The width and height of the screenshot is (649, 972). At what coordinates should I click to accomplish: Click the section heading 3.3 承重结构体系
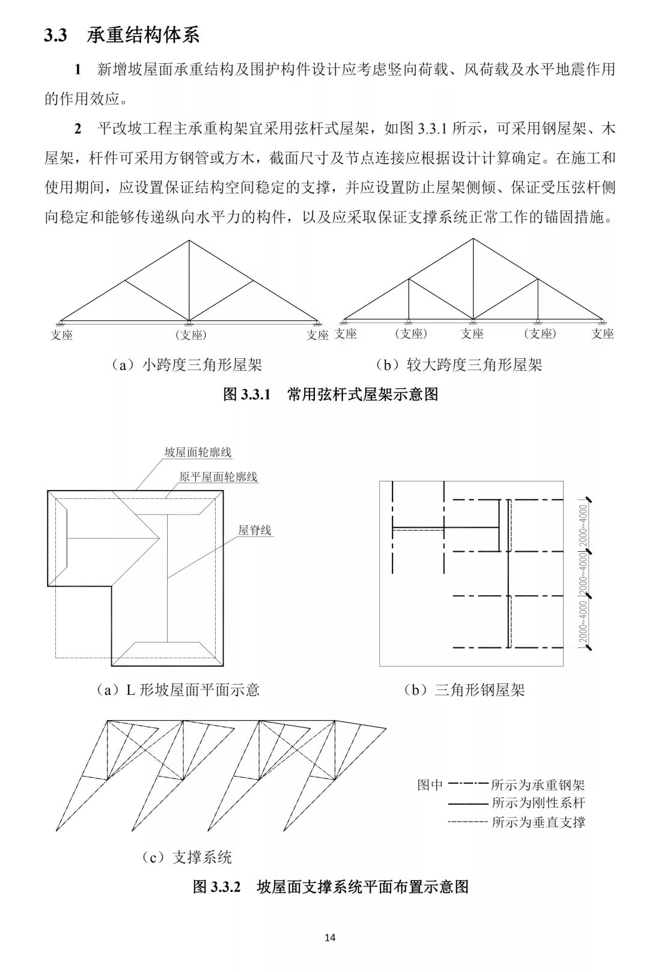pos(121,35)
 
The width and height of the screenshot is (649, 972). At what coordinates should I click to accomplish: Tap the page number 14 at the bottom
pos(329,937)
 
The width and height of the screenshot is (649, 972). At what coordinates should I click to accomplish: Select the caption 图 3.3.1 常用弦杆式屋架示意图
pos(330,394)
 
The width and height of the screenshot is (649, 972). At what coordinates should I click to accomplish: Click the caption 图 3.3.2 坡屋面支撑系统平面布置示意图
pos(330,887)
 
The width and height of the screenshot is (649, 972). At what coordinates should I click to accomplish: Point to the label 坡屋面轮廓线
pos(198,453)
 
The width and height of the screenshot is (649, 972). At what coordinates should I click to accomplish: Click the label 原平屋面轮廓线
pos(218,477)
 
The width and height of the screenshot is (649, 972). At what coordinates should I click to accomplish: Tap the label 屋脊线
pos(255,530)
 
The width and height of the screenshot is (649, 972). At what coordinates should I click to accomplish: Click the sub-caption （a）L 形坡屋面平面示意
pos(178,689)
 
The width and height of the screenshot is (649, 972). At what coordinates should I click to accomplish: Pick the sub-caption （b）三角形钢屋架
pos(464,689)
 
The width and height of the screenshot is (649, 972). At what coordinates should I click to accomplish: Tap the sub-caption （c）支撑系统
pos(186,857)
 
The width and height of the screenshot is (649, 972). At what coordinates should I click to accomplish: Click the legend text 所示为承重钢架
pos(538,784)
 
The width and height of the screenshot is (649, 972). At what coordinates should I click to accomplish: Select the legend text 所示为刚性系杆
pos(538,802)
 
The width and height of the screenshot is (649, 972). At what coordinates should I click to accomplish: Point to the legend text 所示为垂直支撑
pos(538,822)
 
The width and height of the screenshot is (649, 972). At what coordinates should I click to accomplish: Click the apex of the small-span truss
pos(189,241)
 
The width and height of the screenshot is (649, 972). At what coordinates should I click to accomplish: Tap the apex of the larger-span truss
pos(473,239)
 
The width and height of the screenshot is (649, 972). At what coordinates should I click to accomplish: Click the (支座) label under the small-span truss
pos(190,335)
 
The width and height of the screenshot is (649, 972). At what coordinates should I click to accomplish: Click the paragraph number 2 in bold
pos(78,129)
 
